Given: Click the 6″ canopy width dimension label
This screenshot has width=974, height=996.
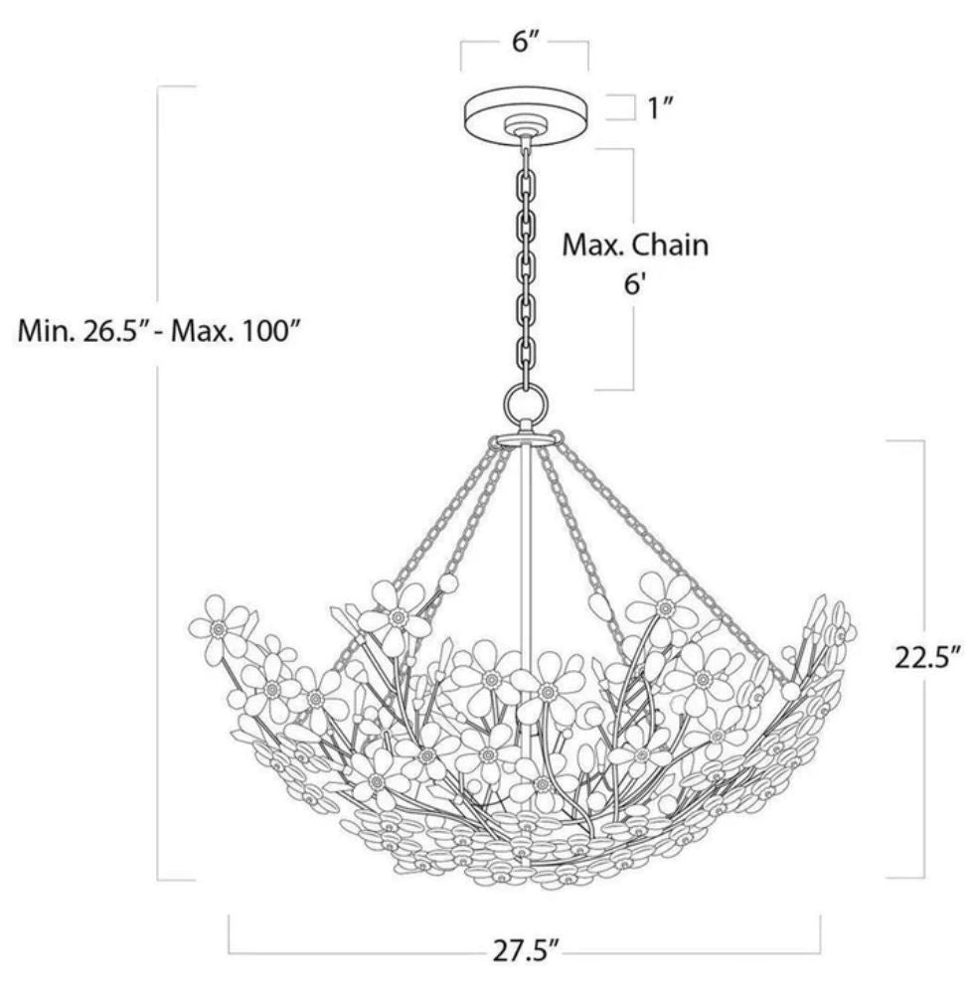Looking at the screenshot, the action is pyautogui.click(x=525, y=43).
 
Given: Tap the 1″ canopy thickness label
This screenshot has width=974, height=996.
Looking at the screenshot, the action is pyautogui.click(x=660, y=108).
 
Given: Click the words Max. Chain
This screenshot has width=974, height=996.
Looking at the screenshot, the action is pyautogui.click(x=635, y=246).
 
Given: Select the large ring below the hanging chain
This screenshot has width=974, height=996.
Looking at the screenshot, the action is pyautogui.click(x=526, y=403).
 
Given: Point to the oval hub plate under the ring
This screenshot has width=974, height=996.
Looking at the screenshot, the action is pyautogui.click(x=525, y=440).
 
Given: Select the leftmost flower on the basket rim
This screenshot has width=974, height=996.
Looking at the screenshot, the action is pyautogui.click(x=218, y=625).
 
